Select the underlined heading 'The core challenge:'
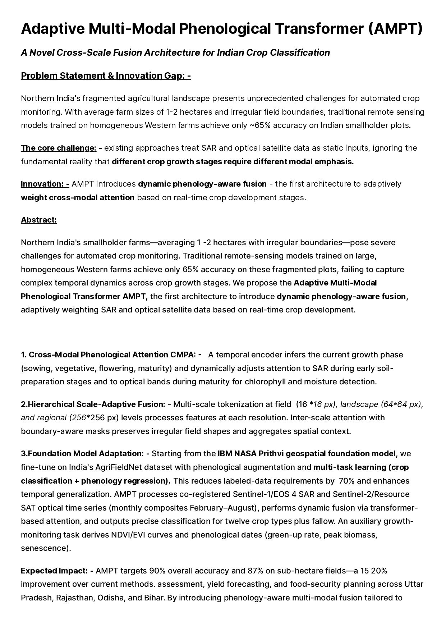coord(59,148)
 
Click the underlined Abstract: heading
coord(39,220)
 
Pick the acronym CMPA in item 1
coord(183,355)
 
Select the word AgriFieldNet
coord(119,467)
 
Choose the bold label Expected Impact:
coord(54,571)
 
